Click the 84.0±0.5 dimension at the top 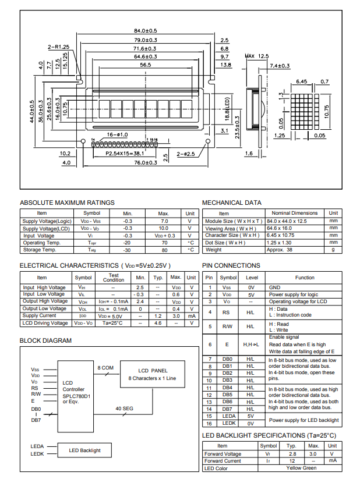pos(146,30)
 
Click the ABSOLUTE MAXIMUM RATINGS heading pos(67,203)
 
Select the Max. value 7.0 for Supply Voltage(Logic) pos(164,222)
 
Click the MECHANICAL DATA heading pos(231,203)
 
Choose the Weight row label pos(213,250)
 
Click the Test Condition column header pos(113,278)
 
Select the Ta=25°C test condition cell pos(113,323)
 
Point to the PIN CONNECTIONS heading pos(231,266)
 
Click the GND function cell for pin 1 pos(274,287)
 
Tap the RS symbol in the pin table pos(228,312)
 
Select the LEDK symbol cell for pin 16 pos(228,424)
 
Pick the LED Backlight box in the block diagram pos(84,450)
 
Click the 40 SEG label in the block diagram pos(124,409)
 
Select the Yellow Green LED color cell pos(301,468)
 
